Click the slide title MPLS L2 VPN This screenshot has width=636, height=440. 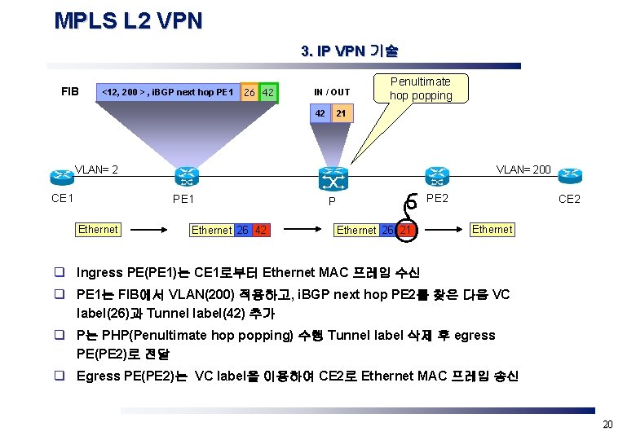128,21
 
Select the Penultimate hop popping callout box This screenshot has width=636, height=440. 421,88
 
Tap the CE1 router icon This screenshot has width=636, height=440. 61,178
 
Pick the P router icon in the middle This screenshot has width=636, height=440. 332,178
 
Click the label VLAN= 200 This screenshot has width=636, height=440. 523,169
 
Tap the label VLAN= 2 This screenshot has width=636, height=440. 97,170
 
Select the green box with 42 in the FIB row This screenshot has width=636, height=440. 267,92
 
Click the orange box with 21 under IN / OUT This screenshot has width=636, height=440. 342,113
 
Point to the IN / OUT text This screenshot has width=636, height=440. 332,92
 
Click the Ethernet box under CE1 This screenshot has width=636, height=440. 98,230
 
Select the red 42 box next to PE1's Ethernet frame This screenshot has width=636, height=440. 261,230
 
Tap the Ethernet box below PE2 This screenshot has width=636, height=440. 492,229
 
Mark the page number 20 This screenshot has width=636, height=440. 607,425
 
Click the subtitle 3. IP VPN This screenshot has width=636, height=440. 349,51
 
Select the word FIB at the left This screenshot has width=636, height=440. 70,91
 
